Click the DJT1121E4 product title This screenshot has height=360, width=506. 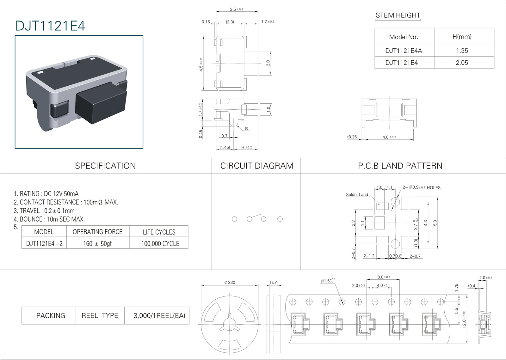click(x=50, y=26)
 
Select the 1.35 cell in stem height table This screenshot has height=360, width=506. click(x=462, y=51)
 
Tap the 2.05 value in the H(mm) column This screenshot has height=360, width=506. click(x=462, y=63)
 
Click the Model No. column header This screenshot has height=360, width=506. click(x=404, y=37)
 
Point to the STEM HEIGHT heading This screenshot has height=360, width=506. click(x=398, y=15)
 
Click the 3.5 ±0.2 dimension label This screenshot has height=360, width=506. click(x=237, y=9)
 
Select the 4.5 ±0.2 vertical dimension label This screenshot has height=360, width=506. click(x=201, y=65)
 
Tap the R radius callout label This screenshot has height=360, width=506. click(x=246, y=129)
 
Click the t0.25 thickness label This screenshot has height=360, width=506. click(x=352, y=137)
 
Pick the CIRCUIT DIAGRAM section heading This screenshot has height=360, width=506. click(x=257, y=166)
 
